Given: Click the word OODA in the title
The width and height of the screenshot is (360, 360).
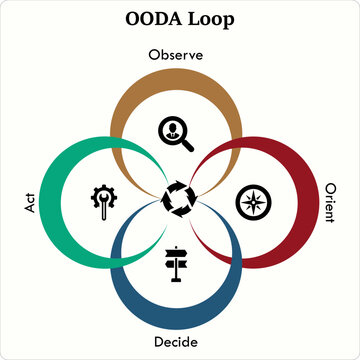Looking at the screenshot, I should click(x=153, y=18).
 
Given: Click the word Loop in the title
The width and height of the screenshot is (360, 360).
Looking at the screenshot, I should click(x=214, y=19).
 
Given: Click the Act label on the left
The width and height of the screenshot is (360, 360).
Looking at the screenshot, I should click(x=28, y=204).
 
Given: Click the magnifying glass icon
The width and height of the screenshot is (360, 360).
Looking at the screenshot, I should click(x=176, y=132).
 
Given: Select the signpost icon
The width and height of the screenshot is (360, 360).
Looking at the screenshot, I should click(x=178, y=263).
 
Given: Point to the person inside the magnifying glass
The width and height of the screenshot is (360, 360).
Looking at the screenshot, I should click(x=173, y=128).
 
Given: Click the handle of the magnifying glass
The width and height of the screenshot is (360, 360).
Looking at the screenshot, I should click(x=187, y=143).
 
